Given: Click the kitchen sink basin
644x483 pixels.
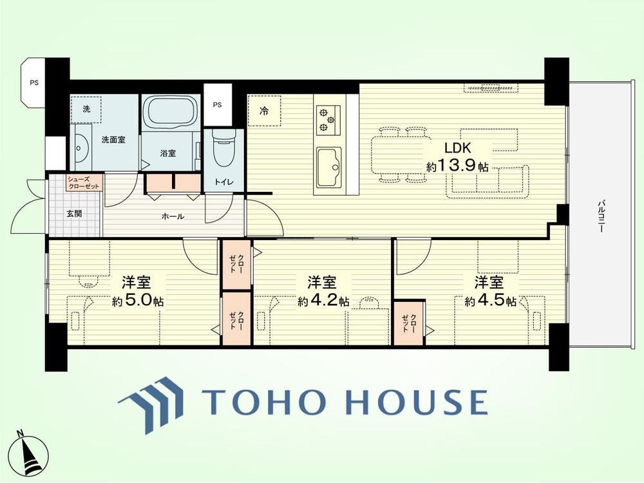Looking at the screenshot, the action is (328, 166).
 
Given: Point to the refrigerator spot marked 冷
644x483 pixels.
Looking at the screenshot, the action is (264, 111).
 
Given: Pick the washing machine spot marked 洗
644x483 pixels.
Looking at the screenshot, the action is (86, 109).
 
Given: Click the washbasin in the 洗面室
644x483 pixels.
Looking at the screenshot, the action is (81, 151).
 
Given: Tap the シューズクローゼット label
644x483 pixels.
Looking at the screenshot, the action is (83, 183).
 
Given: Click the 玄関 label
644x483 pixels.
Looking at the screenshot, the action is (74, 214).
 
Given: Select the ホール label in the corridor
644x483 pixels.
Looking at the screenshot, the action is (173, 216).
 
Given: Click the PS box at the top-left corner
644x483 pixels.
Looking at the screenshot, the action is (35, 82).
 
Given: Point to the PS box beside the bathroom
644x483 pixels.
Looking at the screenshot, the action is (217, 105).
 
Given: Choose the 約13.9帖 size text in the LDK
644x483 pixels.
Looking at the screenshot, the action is (457, 166).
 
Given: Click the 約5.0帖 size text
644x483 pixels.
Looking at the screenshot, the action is (138, 301).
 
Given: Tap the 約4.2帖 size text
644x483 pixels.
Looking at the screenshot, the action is (324, 301).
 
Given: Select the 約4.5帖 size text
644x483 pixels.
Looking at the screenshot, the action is (490, 301).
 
